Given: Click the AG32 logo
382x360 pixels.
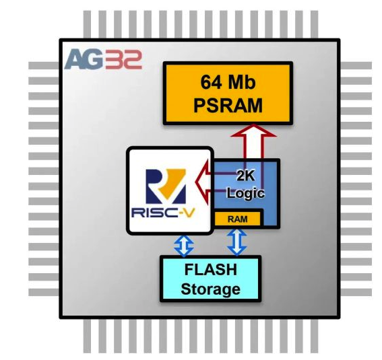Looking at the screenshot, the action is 103,59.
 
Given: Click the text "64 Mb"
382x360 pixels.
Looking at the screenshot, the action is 228,82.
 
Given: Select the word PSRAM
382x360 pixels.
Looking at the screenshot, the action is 228,106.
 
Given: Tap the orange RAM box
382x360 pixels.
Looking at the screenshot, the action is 237,219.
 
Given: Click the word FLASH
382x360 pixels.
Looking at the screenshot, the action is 211,270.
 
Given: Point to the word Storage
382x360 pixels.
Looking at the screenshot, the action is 211,289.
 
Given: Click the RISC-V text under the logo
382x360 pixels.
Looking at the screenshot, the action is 163,213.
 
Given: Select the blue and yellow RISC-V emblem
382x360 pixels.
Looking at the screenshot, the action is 166,186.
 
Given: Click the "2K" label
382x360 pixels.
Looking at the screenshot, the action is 245,175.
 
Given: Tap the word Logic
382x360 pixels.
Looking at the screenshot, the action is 245,193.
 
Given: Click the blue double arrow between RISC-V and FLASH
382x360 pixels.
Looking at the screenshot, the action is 184,245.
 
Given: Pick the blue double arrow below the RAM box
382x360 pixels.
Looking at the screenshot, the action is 236,242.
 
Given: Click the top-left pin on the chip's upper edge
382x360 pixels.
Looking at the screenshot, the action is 87,24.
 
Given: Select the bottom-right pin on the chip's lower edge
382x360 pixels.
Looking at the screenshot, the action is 314,336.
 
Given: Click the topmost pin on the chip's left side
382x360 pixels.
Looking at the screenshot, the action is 44,65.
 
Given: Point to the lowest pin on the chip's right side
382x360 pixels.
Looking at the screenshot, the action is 356,293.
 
